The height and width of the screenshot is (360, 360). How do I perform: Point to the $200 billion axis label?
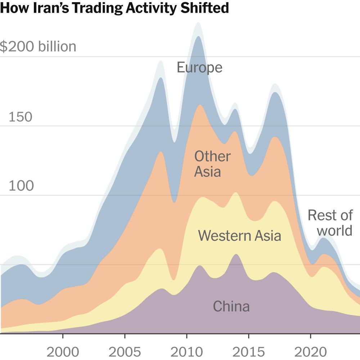(38, 47)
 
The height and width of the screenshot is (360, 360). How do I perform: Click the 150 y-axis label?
(20, 117)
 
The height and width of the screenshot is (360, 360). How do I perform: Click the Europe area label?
(199, 67)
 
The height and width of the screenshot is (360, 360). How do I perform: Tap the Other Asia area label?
(212, 164)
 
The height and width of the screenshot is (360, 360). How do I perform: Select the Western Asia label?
(239, 236)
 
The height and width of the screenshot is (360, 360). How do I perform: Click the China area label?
(231, 306)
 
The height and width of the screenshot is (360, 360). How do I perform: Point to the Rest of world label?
(330, 223)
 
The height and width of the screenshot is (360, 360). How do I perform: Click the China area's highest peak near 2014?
(236, 255)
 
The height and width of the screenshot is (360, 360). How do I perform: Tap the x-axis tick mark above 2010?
(186, 336)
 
